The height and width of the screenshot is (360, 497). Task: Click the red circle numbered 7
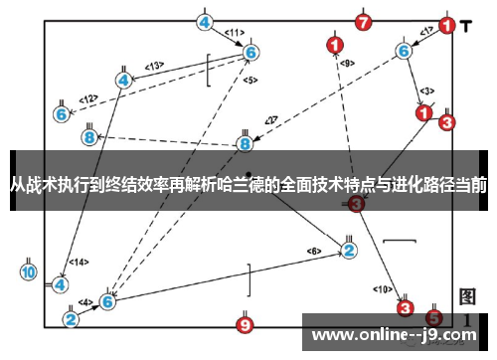(364, 21)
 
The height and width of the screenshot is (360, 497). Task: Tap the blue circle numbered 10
(28, 271)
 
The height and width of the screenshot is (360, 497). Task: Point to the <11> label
(235, 33)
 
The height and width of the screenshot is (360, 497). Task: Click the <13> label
(153, 66)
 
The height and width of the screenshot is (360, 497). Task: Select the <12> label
(89, 98)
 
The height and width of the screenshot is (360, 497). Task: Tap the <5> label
(249, 80)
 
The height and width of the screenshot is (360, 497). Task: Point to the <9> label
(347, 64)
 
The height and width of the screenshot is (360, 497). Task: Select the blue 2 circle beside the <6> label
(349, 250)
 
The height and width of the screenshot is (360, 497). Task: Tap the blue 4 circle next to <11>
(204, 21)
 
